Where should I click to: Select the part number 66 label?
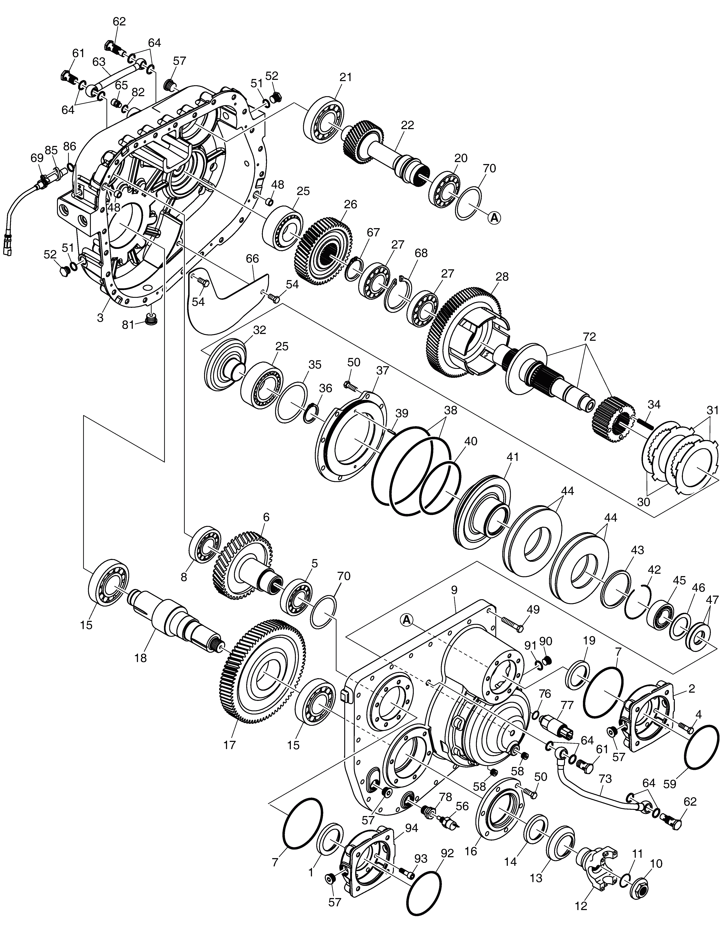252,259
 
